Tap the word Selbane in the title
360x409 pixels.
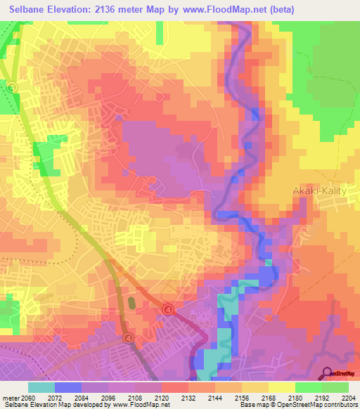click(x=31, y=10)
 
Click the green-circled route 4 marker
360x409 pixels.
click(x=13, y=86)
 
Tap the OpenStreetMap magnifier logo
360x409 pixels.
click(x=328, y=373)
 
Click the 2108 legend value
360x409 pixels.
click(x=136, y=398)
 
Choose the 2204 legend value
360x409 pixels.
click(x=348, y=398)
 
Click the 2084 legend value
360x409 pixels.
click(x=82, y=398)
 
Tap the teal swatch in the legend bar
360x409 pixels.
click(x=41, y=387)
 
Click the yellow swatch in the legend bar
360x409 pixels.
click(x=281, y=387)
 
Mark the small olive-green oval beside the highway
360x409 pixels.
click(x=131, y=304)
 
